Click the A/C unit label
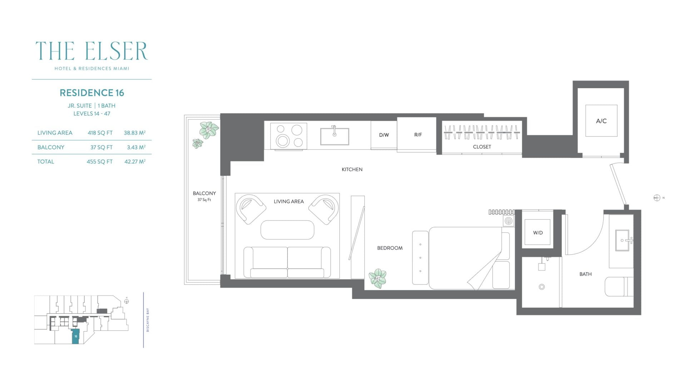click(601, 121)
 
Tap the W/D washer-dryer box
click(538, 232)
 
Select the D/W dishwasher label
click(384, 135)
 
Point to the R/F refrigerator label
click(418, 135)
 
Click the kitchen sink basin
click(334, 136)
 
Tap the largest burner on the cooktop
click(283, 141)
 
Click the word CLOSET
click(482, 147)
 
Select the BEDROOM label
click(390, 248)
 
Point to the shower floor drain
click(542, 287)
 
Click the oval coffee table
click(287, 230)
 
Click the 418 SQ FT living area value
click(100, 133)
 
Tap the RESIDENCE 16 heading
click(92, 93)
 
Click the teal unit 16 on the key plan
click(75, 336)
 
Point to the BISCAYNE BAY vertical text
click(148, 320)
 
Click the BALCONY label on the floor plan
click(204, 193)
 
